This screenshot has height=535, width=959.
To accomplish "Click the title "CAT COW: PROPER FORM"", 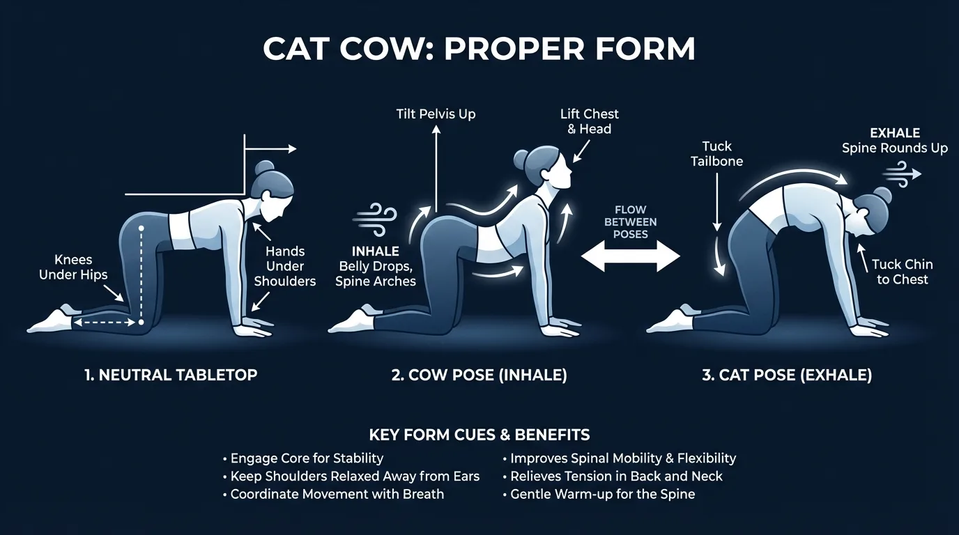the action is pyautogui.click(x=479, y=49).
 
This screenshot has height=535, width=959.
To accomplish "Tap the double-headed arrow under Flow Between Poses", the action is pyautogui.click(x=631, y=256).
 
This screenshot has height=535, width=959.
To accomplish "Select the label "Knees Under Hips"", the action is pyautogui.click(x=73, y=267).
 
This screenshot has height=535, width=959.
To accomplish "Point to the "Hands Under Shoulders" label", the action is pyautogui.click(x=284, y=266).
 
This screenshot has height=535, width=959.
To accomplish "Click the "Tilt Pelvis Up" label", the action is pyautogui.click(x=436, y=114).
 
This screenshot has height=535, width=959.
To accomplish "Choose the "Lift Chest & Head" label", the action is pyautogui.click(x=590, y=121).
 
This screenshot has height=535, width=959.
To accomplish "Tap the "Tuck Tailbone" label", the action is pyautogui.click(x=716, y=154).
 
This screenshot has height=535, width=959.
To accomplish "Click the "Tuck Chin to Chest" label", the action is pyautogui.click(x=903, y=272).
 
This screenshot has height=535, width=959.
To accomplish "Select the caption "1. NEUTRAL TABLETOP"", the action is pyautogui.click(x=171, y=375).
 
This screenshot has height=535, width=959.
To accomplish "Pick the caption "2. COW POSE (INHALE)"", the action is pyautogui.click(x=479, y=375).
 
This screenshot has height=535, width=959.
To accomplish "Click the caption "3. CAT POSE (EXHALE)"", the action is pyautogui.click(x=787, y=375).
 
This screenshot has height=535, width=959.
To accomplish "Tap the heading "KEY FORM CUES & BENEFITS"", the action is pyautogui.click(x=479, y=435).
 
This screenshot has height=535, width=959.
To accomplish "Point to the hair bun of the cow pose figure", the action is pyautogui.click(x=521, y=158).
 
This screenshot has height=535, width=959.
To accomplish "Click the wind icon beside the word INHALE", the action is pyautogui.click(x=375, y=220).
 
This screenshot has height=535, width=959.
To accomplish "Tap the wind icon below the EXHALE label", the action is pyautogui.click(x=902, y=174).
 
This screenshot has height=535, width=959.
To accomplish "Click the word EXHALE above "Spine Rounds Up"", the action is pyautogui.click(x=895, y=133).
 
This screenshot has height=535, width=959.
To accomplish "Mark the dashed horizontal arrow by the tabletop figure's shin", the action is pyautogui.click(x=105, y=323).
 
